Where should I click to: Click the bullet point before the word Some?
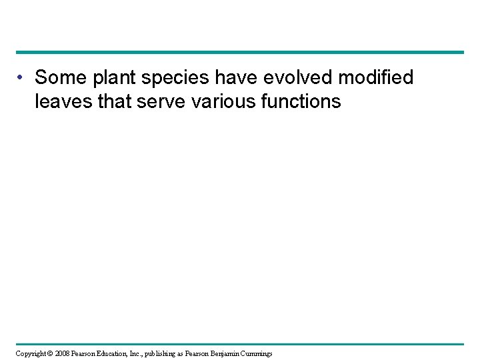(x=22, y=79)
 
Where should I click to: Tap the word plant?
(x=113, y=79)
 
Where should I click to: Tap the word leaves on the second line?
(x=65, y=102)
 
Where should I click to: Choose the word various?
(x=234, y=102)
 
